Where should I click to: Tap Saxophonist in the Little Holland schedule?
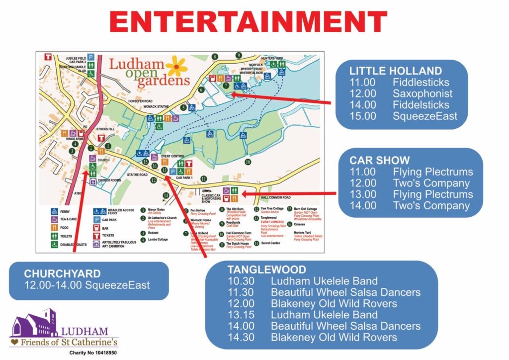(423, 93)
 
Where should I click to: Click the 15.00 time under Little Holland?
(362, 116)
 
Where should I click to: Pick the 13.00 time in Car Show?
(362, 194)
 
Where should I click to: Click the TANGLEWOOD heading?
(267, 270)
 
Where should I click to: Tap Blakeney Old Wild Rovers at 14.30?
(334, 337)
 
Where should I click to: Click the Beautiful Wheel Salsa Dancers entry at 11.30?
(345, 292)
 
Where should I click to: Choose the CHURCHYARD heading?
(62, 273)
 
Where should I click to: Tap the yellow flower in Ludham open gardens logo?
(176, 66)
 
